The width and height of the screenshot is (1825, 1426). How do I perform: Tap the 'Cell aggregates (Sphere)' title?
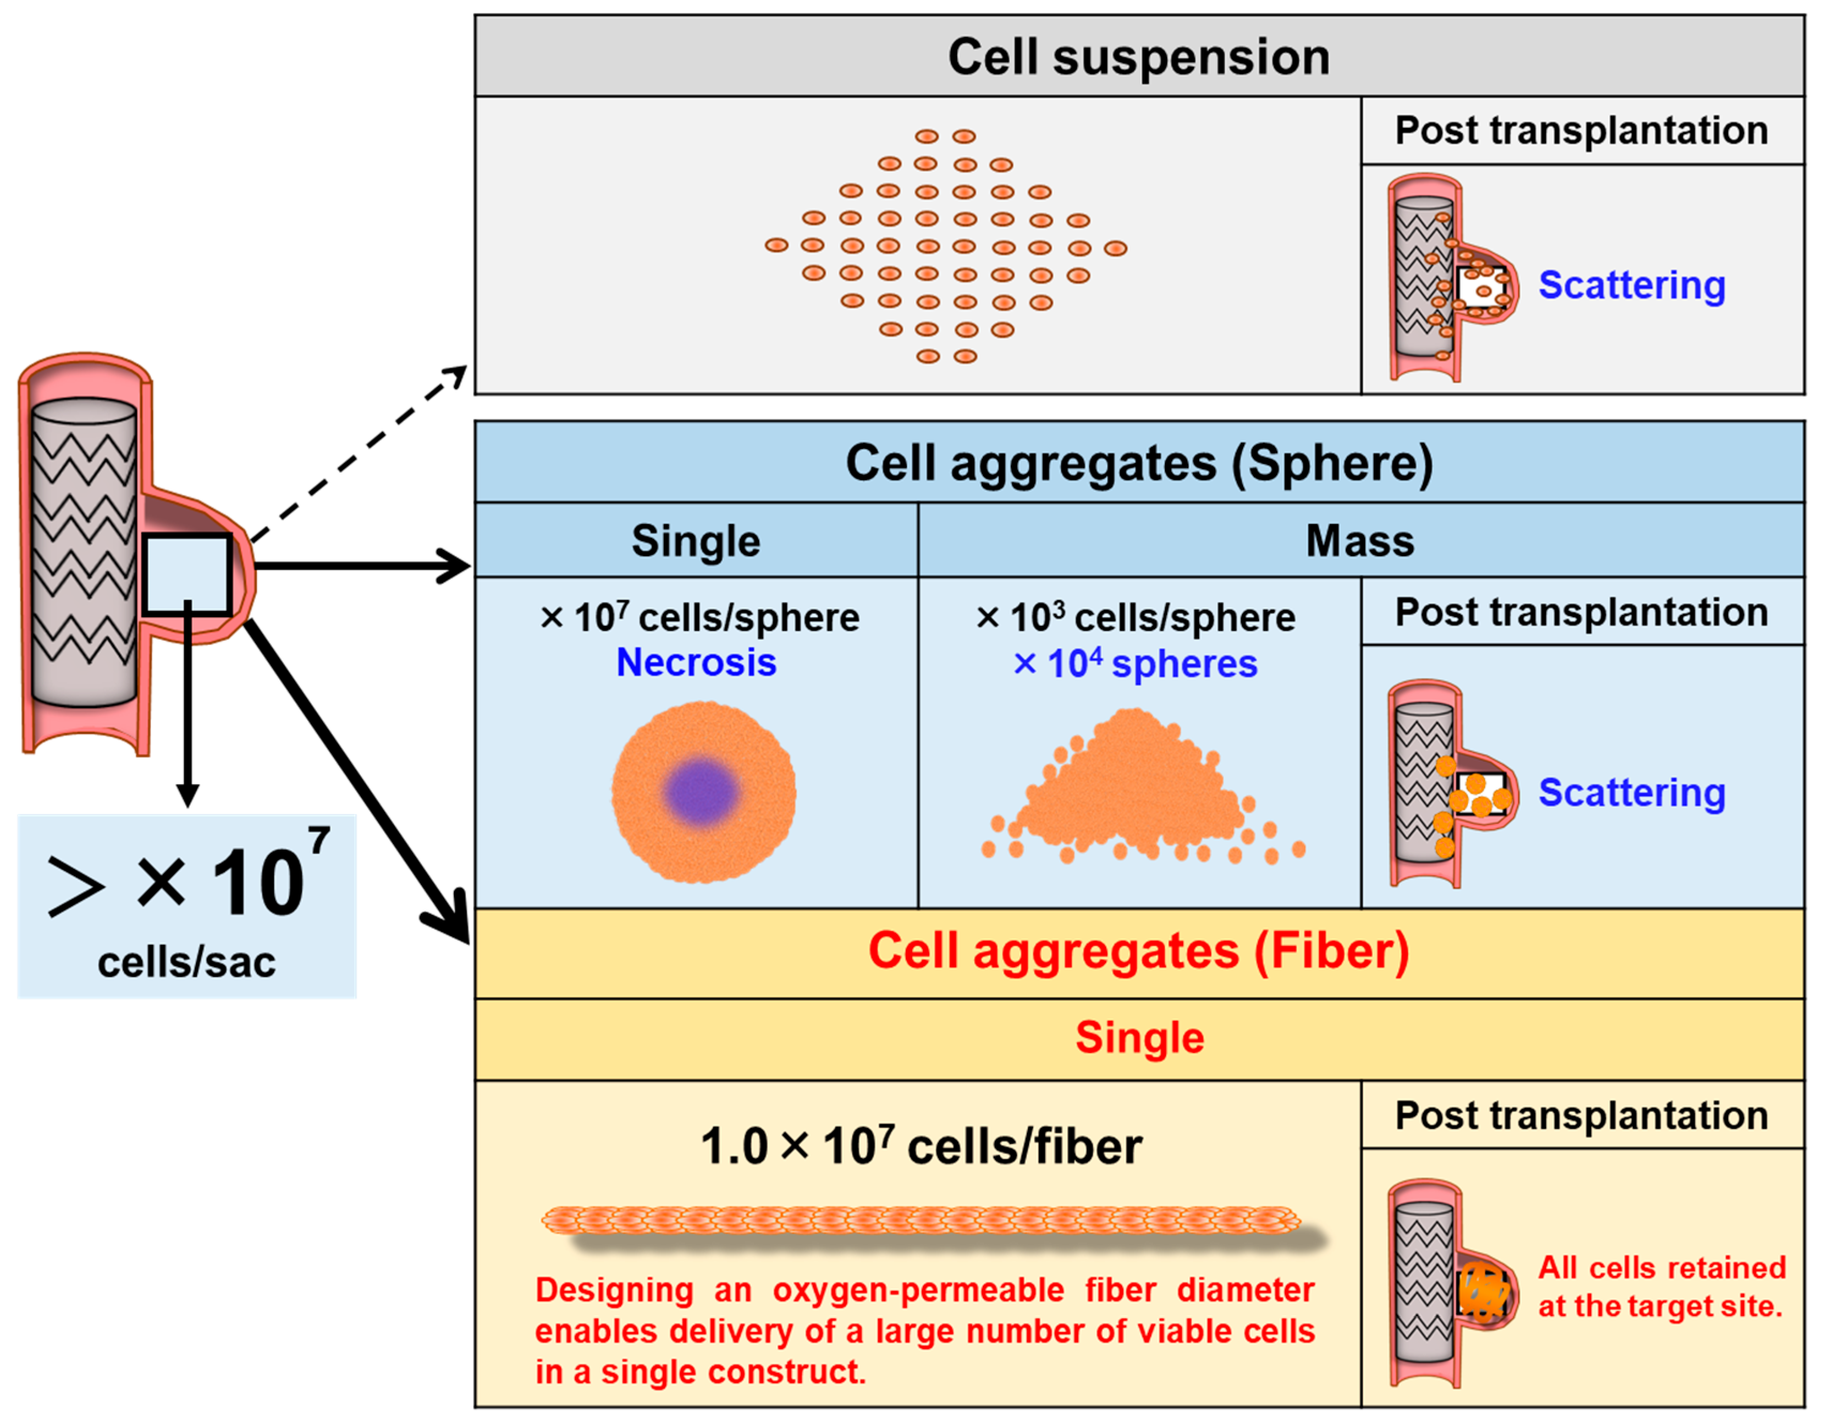coord(1139,464)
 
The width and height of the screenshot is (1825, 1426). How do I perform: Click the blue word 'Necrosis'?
coord(696,663)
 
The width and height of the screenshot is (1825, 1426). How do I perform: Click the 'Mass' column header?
coord(1360,541)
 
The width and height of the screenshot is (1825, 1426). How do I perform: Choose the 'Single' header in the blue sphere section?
coord(696,541)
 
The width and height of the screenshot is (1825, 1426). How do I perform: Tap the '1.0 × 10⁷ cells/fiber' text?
coord(921,1146)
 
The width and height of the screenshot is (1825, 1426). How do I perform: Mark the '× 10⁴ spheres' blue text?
coord(1135,664)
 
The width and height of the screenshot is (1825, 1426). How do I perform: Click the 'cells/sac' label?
coord(186,962)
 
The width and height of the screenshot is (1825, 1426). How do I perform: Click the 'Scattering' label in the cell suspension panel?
coord(1632,286)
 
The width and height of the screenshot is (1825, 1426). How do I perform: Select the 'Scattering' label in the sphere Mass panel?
coord(1632,793)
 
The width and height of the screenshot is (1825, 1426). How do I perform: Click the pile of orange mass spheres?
coord(1141,785)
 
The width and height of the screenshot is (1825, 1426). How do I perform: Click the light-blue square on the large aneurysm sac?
coord(187,575)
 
